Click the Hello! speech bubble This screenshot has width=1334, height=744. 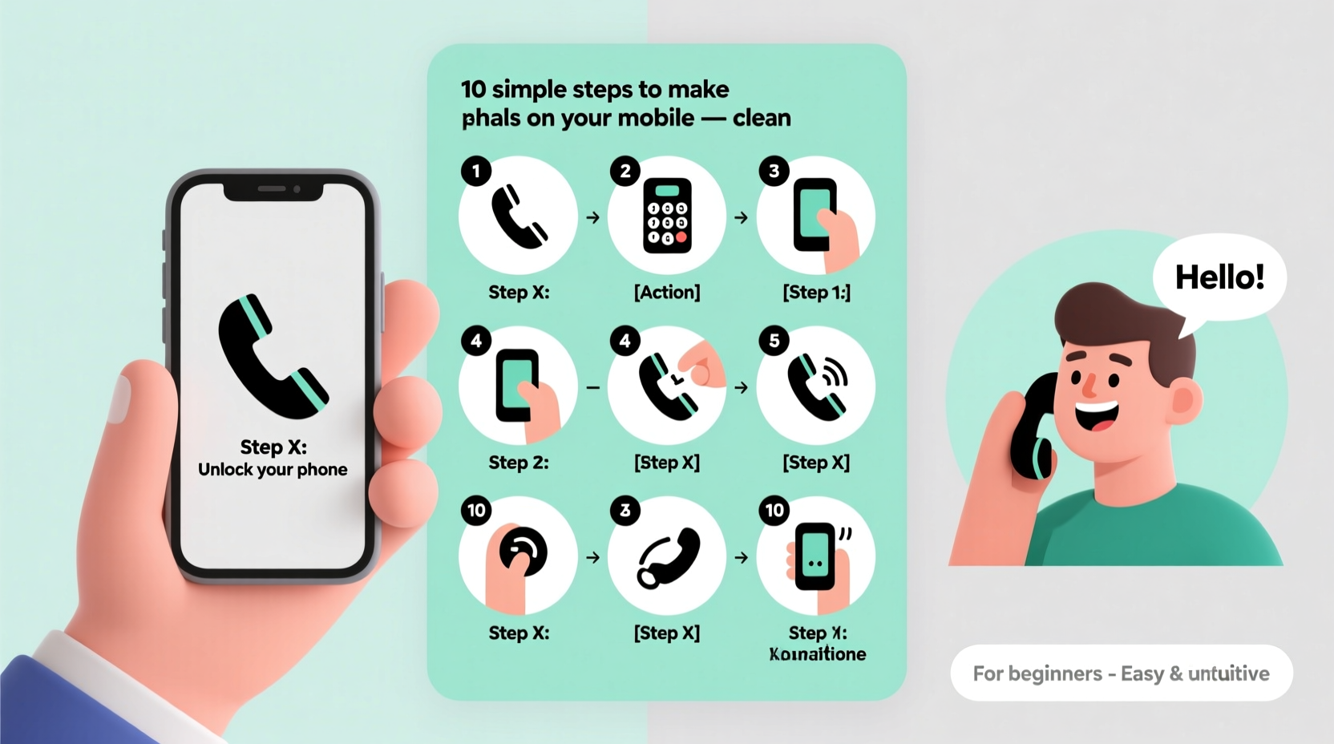1219,277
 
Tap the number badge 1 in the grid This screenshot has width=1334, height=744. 476,171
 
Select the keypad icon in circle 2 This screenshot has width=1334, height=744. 667,216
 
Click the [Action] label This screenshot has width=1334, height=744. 667,292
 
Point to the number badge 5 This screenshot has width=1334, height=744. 774,341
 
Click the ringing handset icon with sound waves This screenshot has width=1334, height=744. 816,386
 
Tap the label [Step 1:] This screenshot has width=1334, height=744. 816,292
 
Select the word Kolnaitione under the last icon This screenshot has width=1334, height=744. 817,654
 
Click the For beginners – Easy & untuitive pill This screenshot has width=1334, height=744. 1121,673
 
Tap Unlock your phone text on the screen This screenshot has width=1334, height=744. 273,470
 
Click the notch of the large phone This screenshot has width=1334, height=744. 273,190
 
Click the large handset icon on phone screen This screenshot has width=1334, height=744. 273,357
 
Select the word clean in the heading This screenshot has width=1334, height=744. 761,118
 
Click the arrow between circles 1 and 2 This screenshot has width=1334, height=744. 592,217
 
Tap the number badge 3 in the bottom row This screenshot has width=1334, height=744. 625,511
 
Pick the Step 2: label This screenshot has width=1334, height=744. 519,463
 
